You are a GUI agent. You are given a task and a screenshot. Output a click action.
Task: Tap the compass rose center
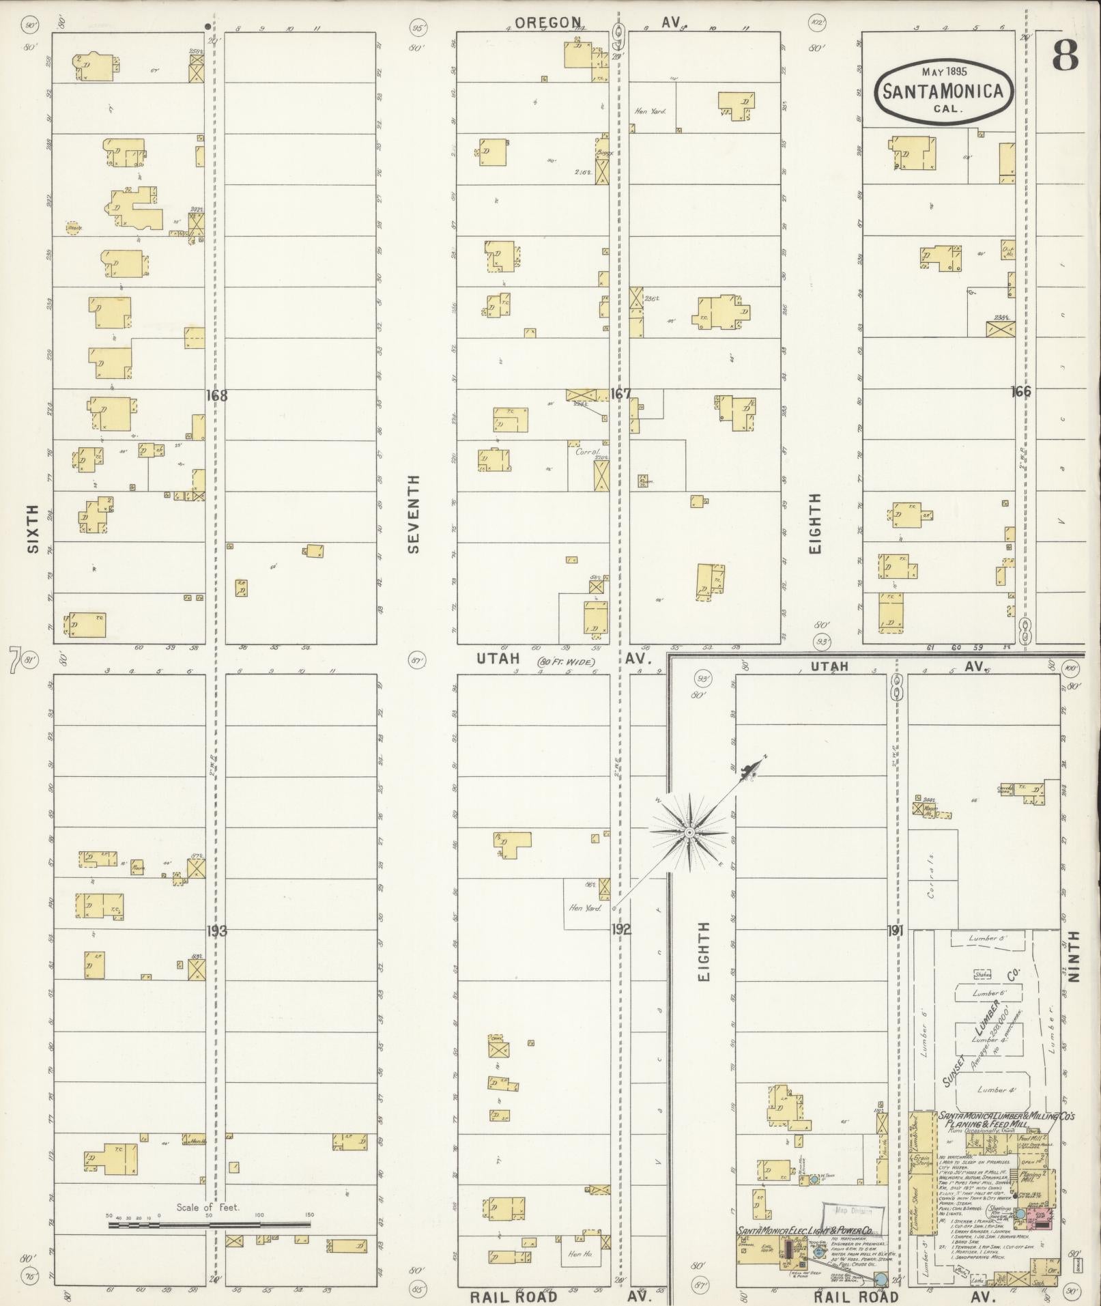[x=689, y=833]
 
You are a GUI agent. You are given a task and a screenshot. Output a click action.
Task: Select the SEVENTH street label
[x=414, y=513]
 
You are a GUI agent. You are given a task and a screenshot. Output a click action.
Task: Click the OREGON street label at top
[x=548, y=23]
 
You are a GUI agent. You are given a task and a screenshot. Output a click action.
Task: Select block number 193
[x=216, y=930]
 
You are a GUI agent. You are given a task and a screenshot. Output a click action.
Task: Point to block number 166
[x=1021, y=391]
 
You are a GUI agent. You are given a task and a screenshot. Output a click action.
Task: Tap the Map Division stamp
[x=853, y=1212]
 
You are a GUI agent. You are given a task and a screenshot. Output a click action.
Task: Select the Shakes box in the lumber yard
[x=983, y=974]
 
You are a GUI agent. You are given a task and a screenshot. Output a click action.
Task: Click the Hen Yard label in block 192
[x=585, y=907]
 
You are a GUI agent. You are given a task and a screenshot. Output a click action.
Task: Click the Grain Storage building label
[x=921, y=1159]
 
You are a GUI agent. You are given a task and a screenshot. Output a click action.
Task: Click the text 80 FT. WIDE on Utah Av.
[x=566, y=662]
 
